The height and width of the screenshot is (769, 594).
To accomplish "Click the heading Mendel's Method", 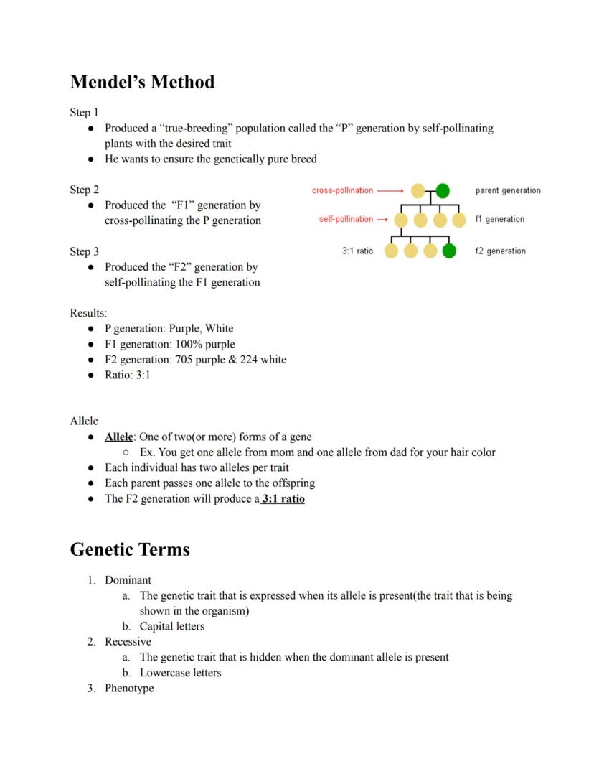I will [142, 83].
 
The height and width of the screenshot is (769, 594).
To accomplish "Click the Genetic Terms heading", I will [130, 550].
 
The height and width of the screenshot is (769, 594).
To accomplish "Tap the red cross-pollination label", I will [342, 190].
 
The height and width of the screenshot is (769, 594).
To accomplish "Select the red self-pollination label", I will [346, 219].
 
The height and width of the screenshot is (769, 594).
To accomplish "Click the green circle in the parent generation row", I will [443, 190].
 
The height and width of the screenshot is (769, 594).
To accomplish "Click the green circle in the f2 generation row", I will [449, 251].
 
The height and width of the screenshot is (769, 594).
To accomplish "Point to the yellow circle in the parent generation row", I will [418, 190].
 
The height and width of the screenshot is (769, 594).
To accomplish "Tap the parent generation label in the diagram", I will [508, 190].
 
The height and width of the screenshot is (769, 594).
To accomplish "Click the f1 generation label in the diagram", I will [499, 219].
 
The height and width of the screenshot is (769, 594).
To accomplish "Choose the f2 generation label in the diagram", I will [500, 251].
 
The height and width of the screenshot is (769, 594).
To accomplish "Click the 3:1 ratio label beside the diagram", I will [357, 251].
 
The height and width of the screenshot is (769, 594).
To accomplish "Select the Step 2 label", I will [85, 190].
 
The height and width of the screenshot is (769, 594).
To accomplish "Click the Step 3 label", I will [85, 251].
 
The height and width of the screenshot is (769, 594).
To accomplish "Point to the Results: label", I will [88, 313].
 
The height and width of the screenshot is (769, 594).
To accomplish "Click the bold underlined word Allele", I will [118, 437].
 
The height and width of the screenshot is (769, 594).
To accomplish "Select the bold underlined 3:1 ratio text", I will [283, 498].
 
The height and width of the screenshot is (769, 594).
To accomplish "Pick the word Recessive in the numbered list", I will [128, 641].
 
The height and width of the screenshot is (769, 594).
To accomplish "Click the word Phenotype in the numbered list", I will [129, 688].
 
